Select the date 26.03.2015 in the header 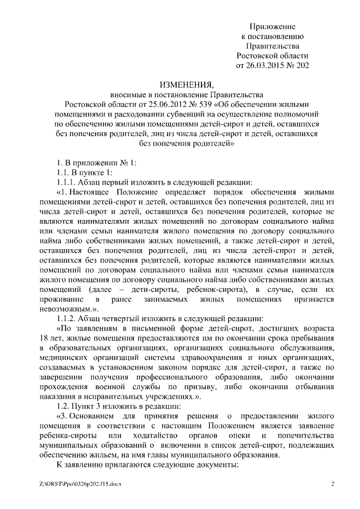coord(264,65)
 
